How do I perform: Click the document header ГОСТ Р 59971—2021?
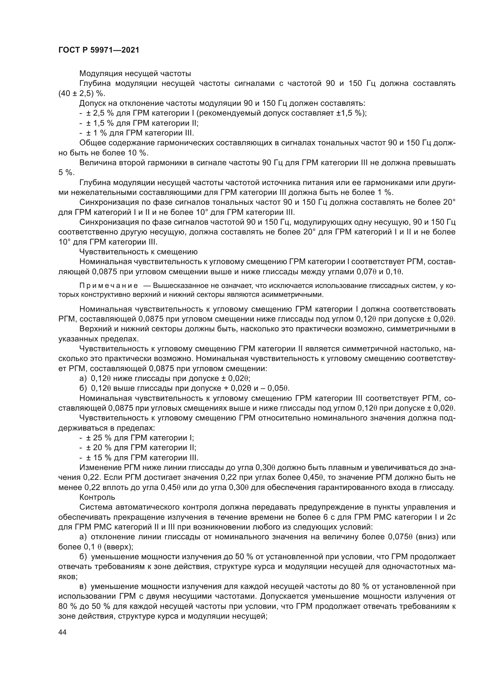tap(99, 50)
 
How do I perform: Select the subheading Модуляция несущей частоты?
tap(135, 73)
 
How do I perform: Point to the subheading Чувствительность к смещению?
tap(138, 252)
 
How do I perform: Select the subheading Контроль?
tap(97, 497)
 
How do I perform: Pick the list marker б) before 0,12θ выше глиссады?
tap(83, 388)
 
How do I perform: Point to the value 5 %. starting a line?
tap(66, 173)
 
